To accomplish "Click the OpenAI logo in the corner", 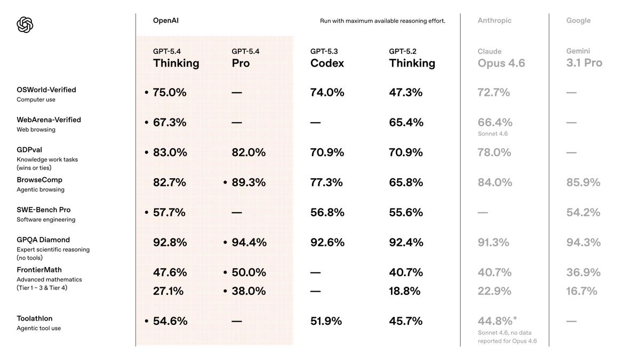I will pyautogui.click(x=25, y=25).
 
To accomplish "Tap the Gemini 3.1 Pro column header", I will pyautogui.click(x=584, y=58).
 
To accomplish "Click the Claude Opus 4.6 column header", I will pyautogui.click(x=501, y=58).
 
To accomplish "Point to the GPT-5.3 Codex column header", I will pyautogui.click(x=327, y=58).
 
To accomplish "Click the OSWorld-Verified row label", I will pyautogui.click(x=46, y=90).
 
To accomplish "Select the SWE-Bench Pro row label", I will pyautogui.click(x=43, y=210).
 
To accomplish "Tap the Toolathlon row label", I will pyautogui.click(x=34, y=319).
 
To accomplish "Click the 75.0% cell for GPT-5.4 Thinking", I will pyautogui.click(x=170, y=92).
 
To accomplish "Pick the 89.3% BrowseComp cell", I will pyautogui.click(x=249, y=182).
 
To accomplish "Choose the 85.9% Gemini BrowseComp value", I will pyautogui.click(x=583, y=182).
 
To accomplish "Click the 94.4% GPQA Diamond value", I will pyautogui.click(x=249, y=242).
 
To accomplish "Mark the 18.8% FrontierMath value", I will pyautogui.click(x=405, y=291).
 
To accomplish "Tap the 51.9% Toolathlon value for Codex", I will pyautogui.click(x=326, y=321).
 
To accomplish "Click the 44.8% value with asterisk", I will pyautogui.click(x=497, y=321).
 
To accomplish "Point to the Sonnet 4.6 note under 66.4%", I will pyautogui.click(x=492, y=134).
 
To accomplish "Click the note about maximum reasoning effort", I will pyautogui.click(x=382, y=21).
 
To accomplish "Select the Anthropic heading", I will pyautogui.click(x=494, y=21).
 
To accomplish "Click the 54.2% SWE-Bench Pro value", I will pyautogui.click(x=583, y=212).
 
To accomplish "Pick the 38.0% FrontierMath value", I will pyautogui.click(x=249, y=291).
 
